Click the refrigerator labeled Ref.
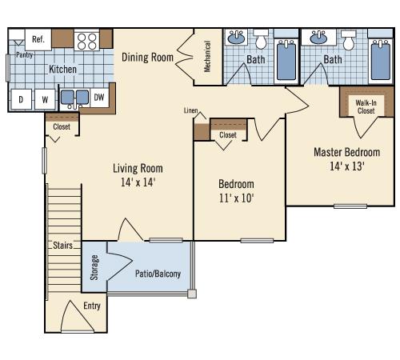pos(38,39)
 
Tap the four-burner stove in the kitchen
pos(87,41)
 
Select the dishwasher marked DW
pos(99,98)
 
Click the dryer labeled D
pos(21,99)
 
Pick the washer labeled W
pos(45,99)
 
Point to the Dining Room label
pos(147,58)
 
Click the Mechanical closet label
pos(207,56)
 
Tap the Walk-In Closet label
pos(366,106)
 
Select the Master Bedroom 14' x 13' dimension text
pos(347,166)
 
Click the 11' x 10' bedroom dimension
pos(236,198)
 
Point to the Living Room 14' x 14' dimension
pos(138,182)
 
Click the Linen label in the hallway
pos(190,110)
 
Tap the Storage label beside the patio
pos(94,267)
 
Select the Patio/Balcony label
pos(158,274)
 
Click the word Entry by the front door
pos(92,306)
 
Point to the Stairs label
pos(62,245)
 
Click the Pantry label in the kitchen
pos(24,55)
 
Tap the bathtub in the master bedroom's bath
pos(381,60)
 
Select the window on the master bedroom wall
pos(350,206)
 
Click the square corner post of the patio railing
pos(192,294)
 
